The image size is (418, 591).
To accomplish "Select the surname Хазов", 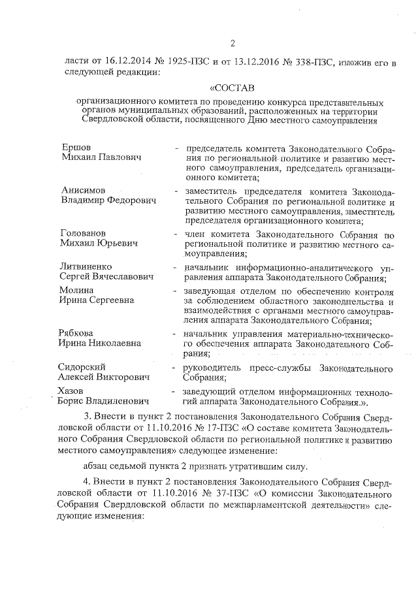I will click(72, 391).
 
